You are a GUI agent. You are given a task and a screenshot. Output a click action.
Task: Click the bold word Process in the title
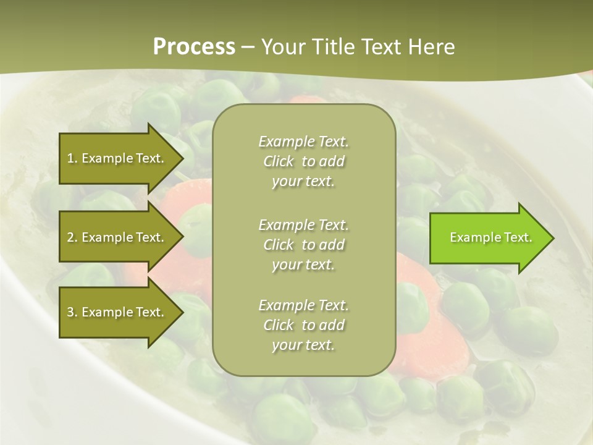[194, 47]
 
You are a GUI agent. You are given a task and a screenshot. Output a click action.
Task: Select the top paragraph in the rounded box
[303, 161]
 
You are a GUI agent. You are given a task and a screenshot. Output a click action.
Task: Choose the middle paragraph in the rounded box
[303, 245]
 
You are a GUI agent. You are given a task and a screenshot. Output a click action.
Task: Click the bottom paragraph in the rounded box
[303, 325]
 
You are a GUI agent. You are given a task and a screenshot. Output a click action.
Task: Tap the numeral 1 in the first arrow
[70, 158]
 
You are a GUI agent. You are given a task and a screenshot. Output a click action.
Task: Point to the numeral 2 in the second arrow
[70, 237]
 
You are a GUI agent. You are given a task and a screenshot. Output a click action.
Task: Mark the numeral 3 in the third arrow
[70, 312]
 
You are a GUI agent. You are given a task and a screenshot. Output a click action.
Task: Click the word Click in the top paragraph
[279, 161]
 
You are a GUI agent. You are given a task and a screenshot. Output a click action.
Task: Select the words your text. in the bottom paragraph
[303, 345]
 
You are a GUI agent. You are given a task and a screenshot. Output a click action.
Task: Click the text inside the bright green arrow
[490, 237]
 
